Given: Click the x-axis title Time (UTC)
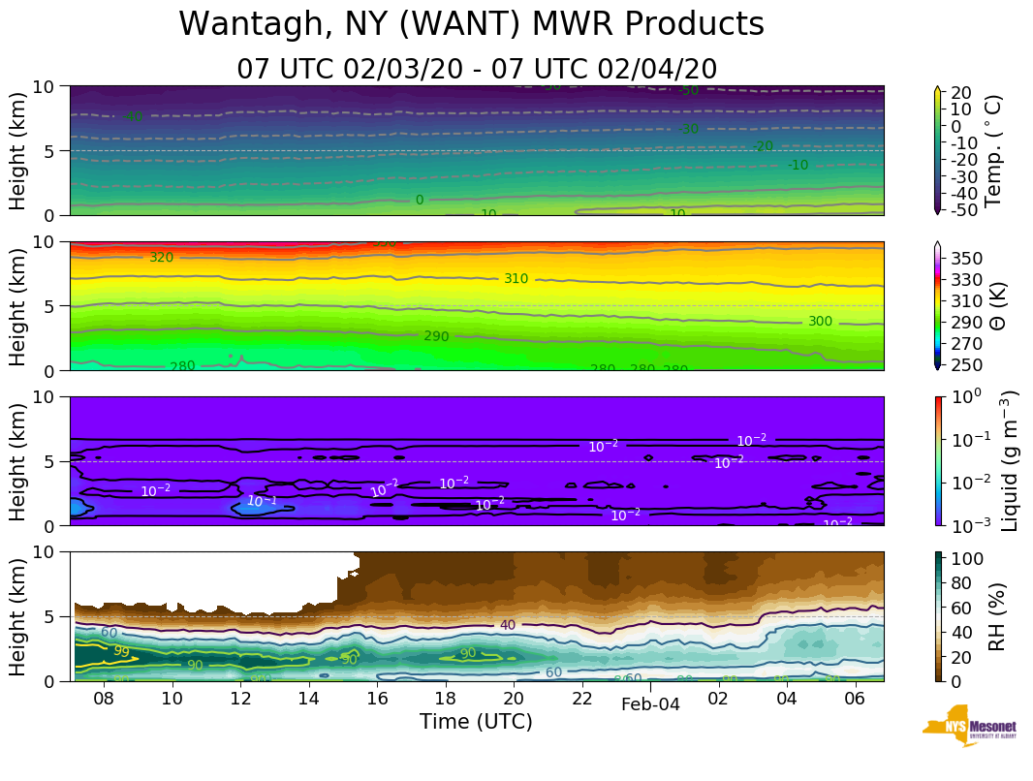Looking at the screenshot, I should pyautogui.click(x=476, y=722).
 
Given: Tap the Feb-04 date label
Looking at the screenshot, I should pyautogui.click(x=650, y=705).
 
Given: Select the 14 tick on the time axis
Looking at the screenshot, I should pyautogui.click(x=308, y=699).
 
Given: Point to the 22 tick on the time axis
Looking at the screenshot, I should pyautogui.click(x=581, y=699).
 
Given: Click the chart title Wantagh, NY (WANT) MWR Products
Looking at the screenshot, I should pyautogui.click(x=471, y=24).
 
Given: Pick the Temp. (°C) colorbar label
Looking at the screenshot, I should pyautogui.click(x=993, y=150).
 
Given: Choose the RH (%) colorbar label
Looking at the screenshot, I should pyautogui.click(x=993, y=616).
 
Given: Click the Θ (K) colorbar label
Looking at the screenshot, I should pyautogui.click(x=993, y=305).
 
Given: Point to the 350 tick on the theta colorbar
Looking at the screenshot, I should pyautogui.click(x=967, y=259).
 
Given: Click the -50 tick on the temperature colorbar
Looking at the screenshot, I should pyautogui.click(x=966, y=209).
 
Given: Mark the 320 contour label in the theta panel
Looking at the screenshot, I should pyautogui.click(x=161, y=258).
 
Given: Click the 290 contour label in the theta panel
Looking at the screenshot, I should pyautogui.click(x=436, y=336).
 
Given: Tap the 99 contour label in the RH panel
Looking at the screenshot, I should pyautogui.click(x=121, y=651).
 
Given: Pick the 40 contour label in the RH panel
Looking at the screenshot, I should pyautogui.click(x=508, y=625).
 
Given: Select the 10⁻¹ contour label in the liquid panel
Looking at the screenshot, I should pyautogui.click(x=261, y=501).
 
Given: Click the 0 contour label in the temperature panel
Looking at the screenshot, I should pyautogui.click(x=420, y=201).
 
